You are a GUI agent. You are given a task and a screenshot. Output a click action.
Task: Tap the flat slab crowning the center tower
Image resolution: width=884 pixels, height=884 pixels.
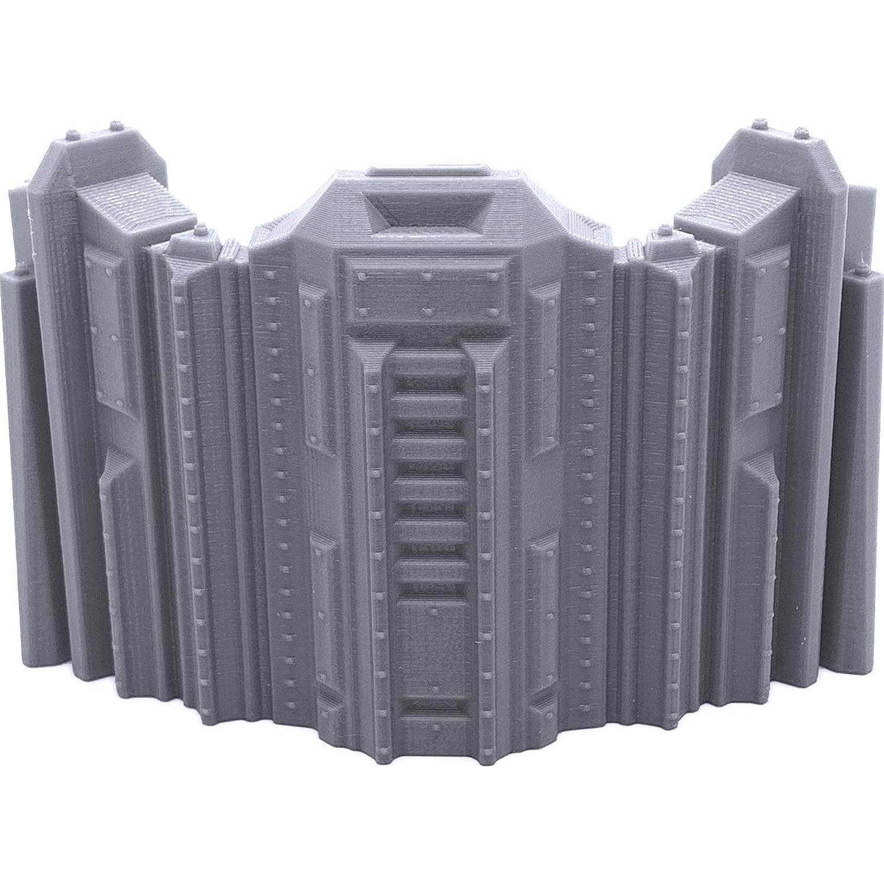point(430,171)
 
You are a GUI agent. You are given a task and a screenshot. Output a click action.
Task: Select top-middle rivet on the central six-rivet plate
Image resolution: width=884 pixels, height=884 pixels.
point(427,276)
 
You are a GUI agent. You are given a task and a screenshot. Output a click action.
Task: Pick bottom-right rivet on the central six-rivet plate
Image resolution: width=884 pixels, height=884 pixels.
point(493,311)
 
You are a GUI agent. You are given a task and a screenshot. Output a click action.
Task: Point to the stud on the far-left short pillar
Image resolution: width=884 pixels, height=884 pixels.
point(21,270)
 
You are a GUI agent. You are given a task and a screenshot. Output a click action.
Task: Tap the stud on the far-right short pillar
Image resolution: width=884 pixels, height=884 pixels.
point(862,270)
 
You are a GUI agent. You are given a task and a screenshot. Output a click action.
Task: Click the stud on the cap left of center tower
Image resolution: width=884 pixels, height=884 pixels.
point(201,227)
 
